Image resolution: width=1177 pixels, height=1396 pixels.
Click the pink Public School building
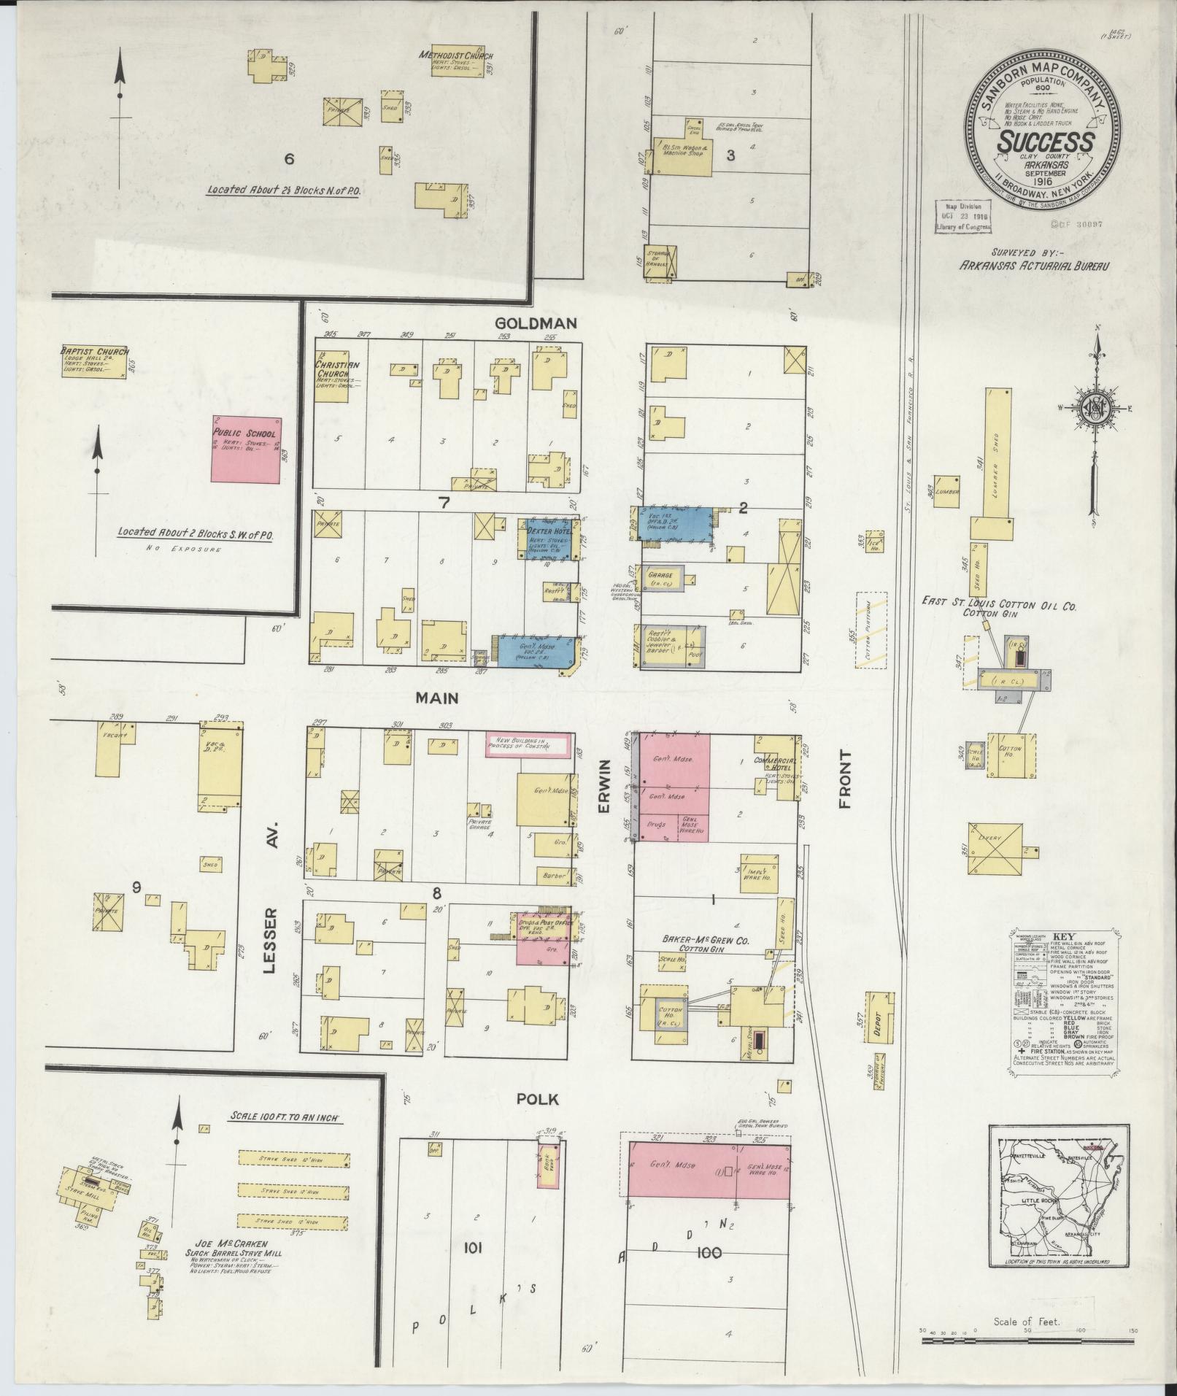point(246,448)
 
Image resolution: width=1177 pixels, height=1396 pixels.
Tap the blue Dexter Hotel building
point(548,539)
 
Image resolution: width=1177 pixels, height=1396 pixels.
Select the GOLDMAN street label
point(536,323)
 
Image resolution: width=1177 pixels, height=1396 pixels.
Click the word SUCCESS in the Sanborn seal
point(1046,142)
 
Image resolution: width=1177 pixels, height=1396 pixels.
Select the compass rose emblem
point(1095,409)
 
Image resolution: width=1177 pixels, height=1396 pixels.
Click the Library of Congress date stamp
point(965,217)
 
